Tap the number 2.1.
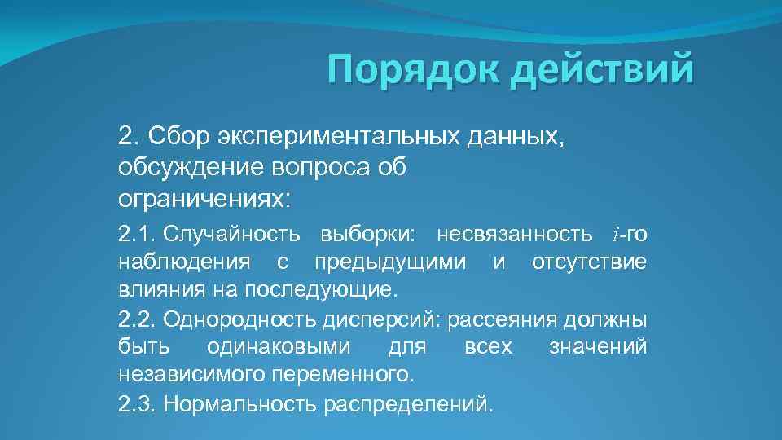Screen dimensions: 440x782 137,235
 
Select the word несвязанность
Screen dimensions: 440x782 515,235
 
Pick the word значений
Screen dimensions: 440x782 598,347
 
